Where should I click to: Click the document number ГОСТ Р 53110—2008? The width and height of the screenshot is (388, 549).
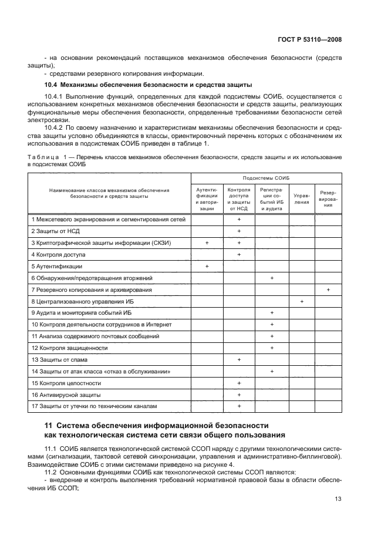[x=309, y=39]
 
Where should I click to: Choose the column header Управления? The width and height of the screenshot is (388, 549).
[x=302, y=199]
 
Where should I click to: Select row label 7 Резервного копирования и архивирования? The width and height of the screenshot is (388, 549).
[x=92, y=290]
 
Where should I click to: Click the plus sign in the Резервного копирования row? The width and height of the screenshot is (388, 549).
[x=328, y=290]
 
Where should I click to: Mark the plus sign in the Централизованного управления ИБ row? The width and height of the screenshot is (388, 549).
[x=302, y=301]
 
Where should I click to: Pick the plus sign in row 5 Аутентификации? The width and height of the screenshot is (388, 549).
[x=207, y=267]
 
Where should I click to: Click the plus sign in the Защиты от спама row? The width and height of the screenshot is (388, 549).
[x=239, y=359]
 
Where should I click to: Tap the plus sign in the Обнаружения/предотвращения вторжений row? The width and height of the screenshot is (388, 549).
[x=272, y=278]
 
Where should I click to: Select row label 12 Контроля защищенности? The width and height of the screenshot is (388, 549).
[x=70, y=348]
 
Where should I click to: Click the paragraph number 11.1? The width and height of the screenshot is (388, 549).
[x=52, y=449]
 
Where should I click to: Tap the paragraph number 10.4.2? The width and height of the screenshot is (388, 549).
[x=55, y=127]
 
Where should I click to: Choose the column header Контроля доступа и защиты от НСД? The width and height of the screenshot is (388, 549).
[x=239, y=199]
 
